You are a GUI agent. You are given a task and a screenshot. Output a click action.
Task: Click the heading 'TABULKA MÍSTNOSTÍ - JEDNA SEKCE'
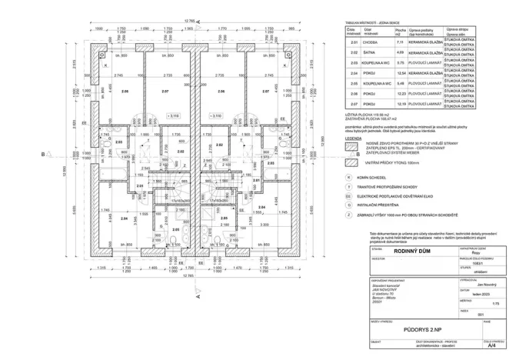(371, 24)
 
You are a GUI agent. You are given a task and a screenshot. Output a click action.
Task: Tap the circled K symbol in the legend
(351, 177)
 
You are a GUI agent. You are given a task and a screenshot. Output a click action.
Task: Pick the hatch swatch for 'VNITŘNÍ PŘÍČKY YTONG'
(352, 163)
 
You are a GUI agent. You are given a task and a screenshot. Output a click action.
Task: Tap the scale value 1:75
(484, 305)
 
